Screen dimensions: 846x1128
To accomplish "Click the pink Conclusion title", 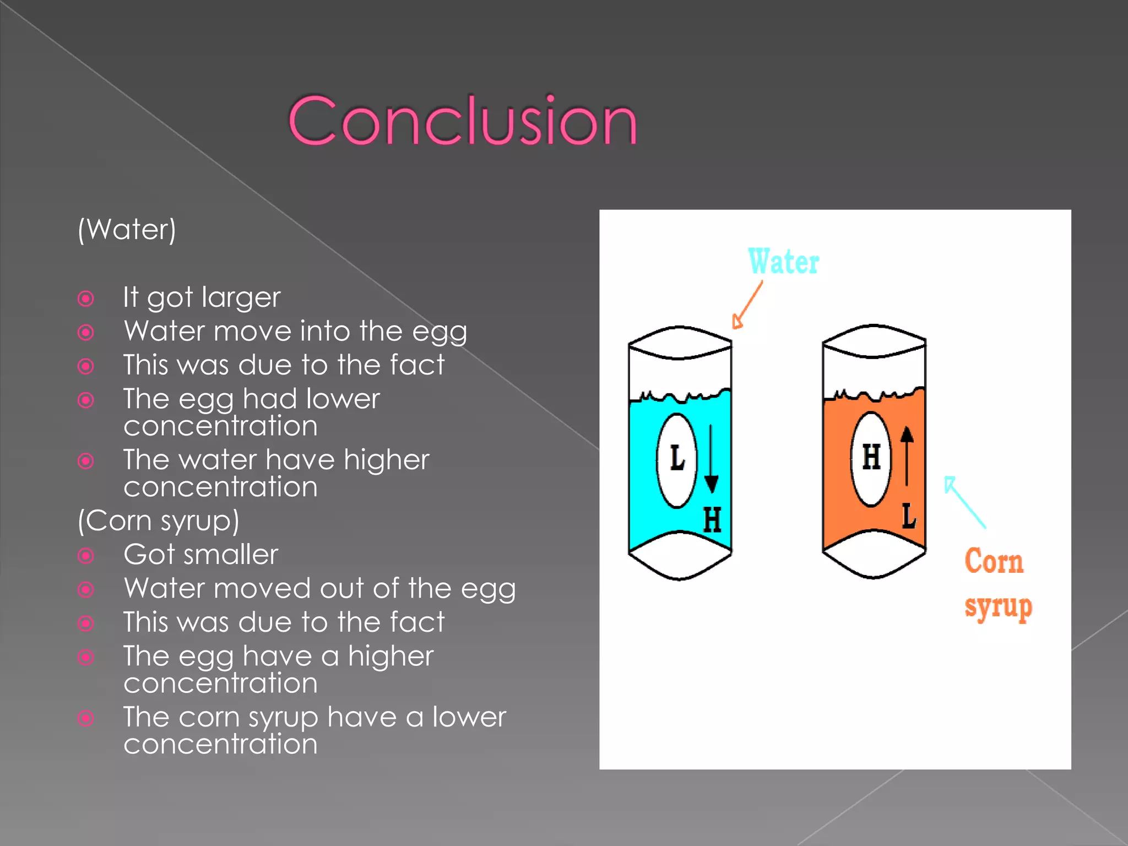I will tap(463, 121).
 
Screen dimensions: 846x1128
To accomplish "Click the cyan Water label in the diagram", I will tap(783, 262).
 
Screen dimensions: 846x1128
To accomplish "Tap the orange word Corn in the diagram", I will tap(994, 562).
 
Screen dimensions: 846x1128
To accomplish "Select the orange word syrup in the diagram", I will tap(998, 607).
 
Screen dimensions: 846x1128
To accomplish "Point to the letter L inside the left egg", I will tap(677, 458).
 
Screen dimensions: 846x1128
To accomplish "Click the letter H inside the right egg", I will tap(871, 457).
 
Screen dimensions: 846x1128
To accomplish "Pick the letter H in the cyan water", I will tap(712, 520).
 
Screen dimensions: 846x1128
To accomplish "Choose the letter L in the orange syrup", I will tap(908, 516).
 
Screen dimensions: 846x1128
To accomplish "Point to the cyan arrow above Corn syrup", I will tap(964, 502).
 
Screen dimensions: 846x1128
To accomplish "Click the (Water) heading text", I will tap(127, 229).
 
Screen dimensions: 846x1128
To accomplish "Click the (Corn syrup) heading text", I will tap(159, 520).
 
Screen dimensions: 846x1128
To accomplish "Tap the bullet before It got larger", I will tap(86, 299).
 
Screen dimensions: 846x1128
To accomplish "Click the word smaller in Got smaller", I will tap(238, 555).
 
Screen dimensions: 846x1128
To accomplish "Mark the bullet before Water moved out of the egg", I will tap(86, 590).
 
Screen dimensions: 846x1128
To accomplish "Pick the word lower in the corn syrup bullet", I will tap(469, 717).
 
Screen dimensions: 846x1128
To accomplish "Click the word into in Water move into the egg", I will tap(325, 332).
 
